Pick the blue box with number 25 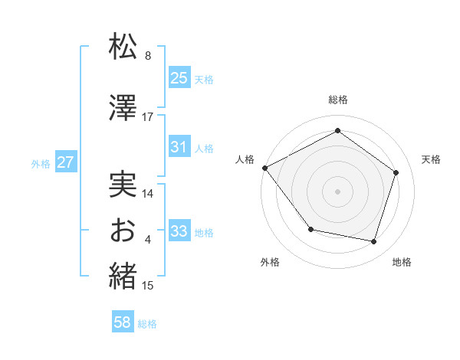coord(179,77)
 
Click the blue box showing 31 coord(179,147)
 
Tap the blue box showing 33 coord(179,231)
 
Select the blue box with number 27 coord(65,162)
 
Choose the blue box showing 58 coord(123,322)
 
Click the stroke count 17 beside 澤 coord(148,117)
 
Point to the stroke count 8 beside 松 coord(148,56)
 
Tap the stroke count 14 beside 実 coord(148,194)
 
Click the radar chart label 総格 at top coord(338,100)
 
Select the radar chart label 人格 coord(245,159)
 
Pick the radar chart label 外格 coord(270,262)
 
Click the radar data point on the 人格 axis coord(264,168)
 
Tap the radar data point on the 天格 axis coord(396,172)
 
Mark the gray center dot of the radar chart coord(337,191)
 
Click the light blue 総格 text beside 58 coord(148,324)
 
